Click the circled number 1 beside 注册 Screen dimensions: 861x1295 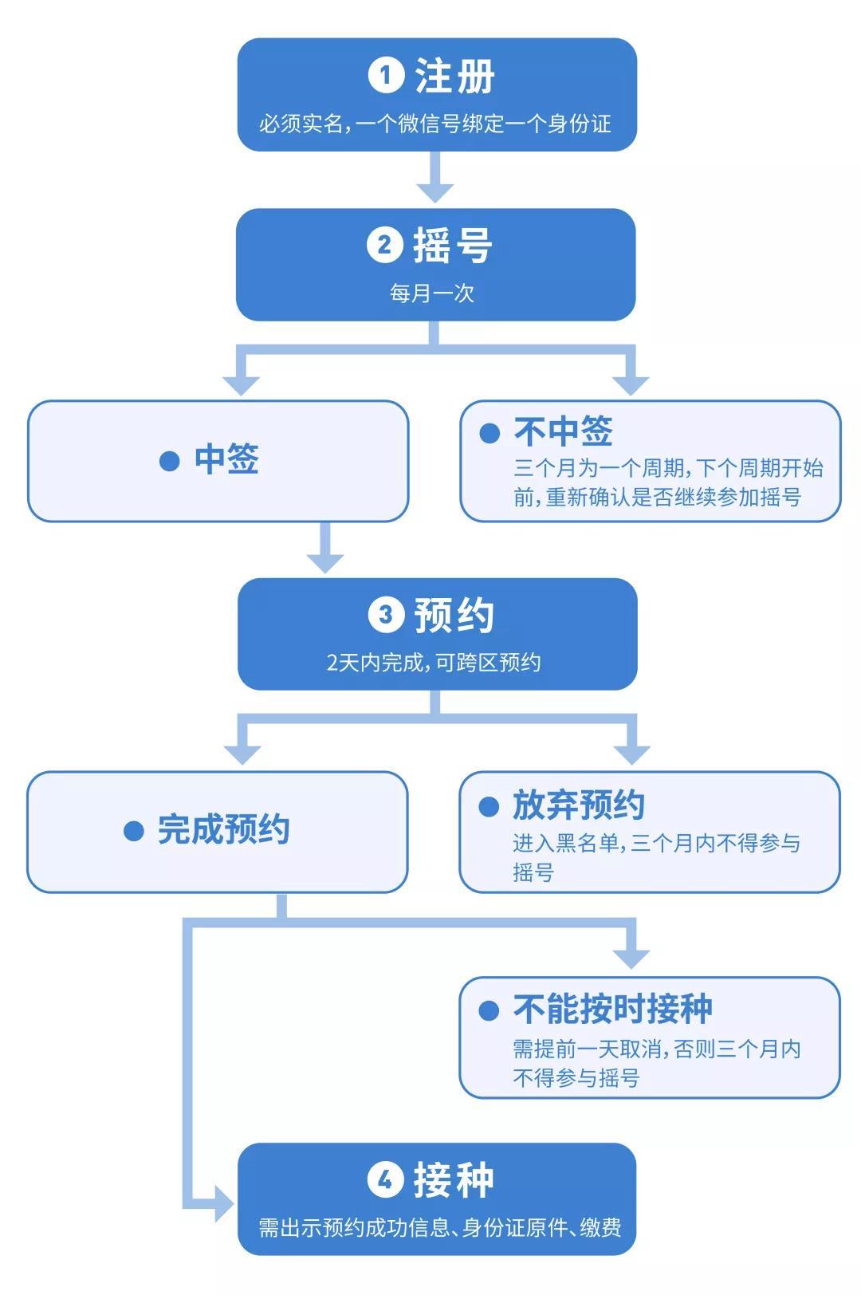pos(386,76)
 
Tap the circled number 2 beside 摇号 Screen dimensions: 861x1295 pos(384,245)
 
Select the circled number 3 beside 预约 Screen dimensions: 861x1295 pos(386,615)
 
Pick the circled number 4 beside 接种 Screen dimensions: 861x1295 pos(385,1179)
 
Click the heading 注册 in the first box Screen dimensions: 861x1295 pos(454,77)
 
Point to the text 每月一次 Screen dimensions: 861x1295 pos(432,293)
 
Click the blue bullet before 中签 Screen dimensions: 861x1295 pos(169,461)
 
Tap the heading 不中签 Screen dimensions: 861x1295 pos(563,432)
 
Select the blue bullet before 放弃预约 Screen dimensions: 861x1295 pos(489,807)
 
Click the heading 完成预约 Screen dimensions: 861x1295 pos(223,830)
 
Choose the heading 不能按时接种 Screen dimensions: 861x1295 pos(612,1010)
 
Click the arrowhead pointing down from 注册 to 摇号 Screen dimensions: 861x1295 pos(435,191)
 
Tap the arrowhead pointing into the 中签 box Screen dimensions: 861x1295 pos(241,384)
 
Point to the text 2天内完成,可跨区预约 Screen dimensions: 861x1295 pos(434,663)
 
